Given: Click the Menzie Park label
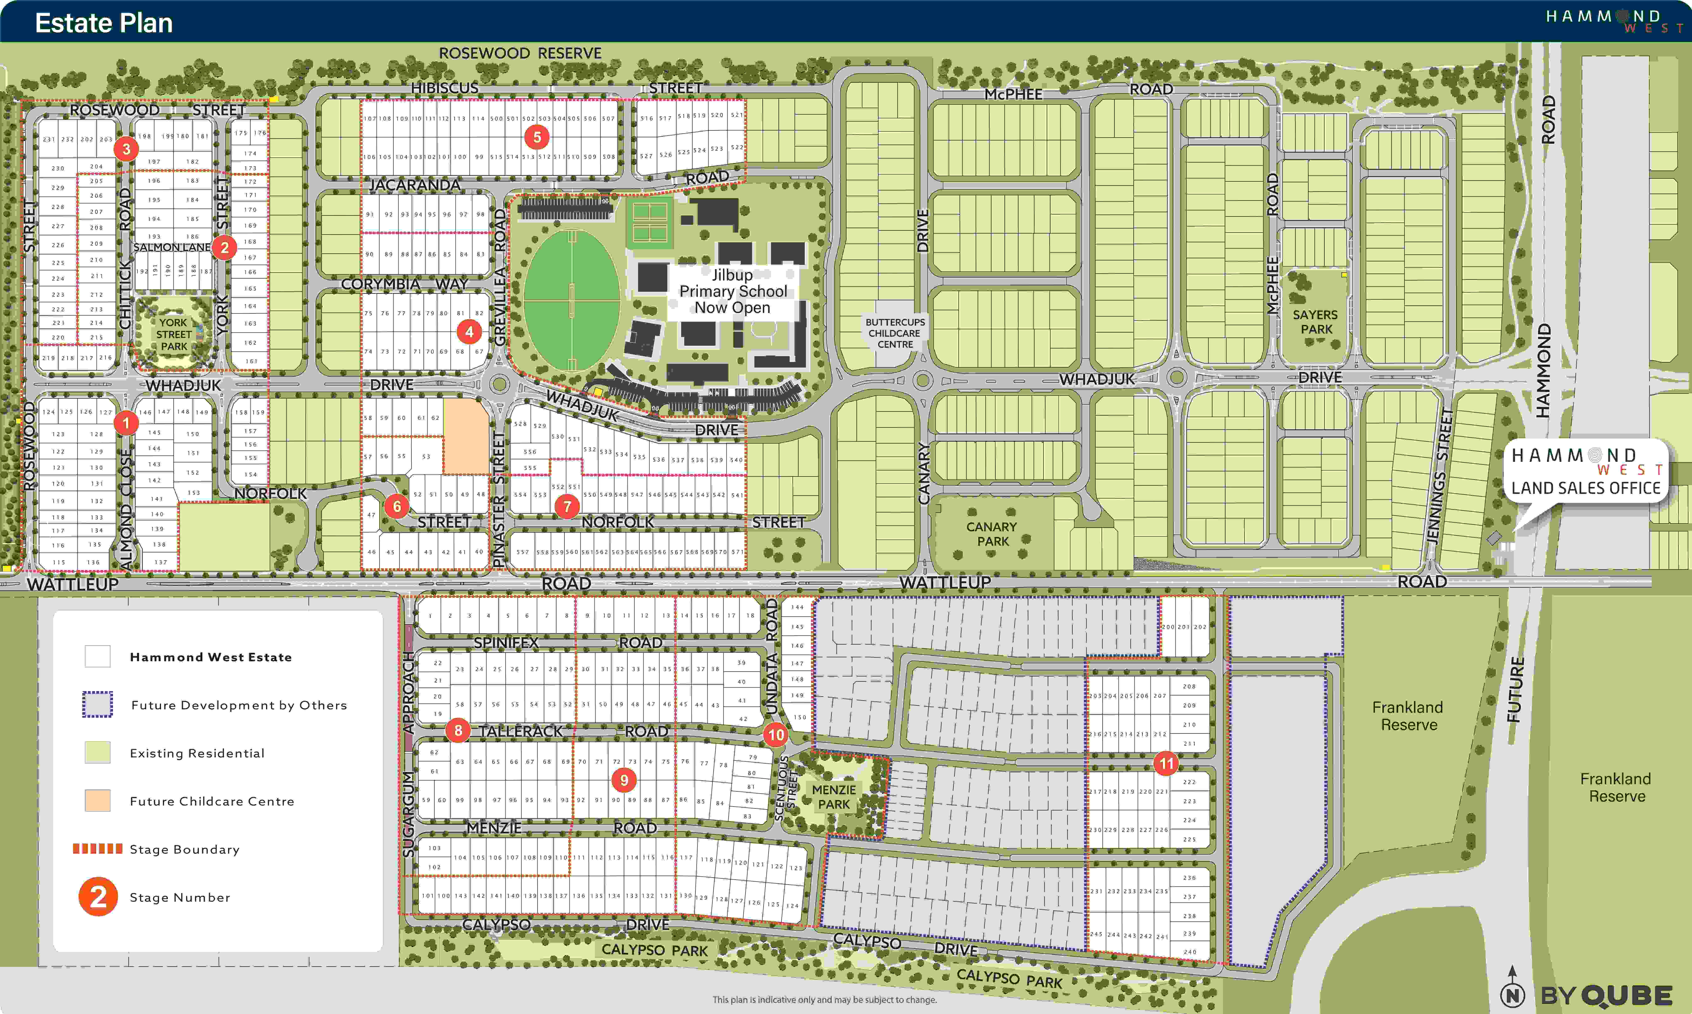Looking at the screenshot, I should (834, 797).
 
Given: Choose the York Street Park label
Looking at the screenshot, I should (174, 334).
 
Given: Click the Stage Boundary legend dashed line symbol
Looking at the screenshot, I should (98, 849).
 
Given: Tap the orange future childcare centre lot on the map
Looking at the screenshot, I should (466, 435).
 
